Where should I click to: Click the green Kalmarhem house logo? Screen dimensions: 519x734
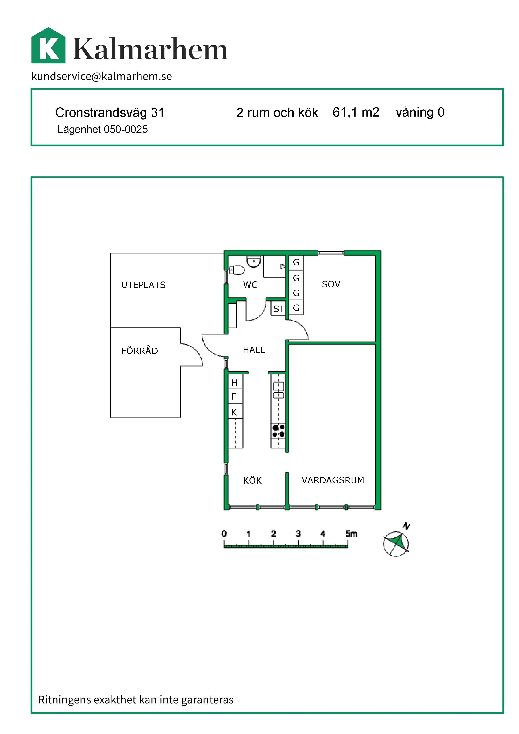pyautogui.click(x=48, y=45)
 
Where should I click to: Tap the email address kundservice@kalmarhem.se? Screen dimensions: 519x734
pyautogui.click(x=102, y=76)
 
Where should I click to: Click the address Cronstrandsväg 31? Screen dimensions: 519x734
pyautogui.click(x=110, y=113)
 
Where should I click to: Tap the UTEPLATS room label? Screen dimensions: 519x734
pyautogui.click(x=144, y=285)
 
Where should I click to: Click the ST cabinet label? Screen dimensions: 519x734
pyautogui.click(x=279, y=309)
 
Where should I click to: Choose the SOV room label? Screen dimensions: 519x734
pyautogui.click(x=331, y=284)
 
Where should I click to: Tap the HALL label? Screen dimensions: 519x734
pyautogui.click(x=254, y=350)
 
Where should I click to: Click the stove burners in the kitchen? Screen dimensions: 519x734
pyautogui.click(x=278, y=431)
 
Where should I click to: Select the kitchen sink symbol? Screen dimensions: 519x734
pyautogui.click(x=278, y=390)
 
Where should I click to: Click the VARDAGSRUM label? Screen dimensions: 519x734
pyautogui.click(x=333, y=480)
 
